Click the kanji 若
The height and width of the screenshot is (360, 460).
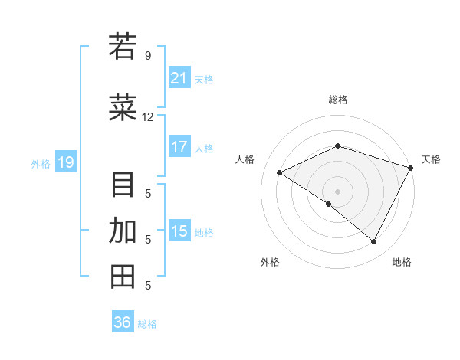[123, 47]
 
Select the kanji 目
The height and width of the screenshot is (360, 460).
[123, 185]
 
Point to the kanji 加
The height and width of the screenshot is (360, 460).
[123, 231]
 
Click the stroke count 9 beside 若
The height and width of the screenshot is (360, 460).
[148, 56]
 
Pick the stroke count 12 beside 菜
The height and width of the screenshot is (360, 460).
[148, 117]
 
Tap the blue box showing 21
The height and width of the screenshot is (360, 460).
[179, 78]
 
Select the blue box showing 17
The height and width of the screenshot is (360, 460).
[179, 147]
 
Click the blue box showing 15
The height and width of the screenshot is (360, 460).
[179, 231]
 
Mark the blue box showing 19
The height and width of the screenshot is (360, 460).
[65, 162]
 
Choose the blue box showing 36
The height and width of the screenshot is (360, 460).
[123, 322]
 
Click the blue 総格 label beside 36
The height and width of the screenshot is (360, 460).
[148, 324]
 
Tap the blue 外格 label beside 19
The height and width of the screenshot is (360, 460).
[41, 163]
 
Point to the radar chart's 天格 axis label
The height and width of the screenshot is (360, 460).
[431, 159]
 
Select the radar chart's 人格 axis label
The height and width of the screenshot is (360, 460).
[245, 159]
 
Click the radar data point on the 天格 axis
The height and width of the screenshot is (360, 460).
[411, 167]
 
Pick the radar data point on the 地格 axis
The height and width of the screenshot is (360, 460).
[374, 242]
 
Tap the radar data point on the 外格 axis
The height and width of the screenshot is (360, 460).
[329, 205]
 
